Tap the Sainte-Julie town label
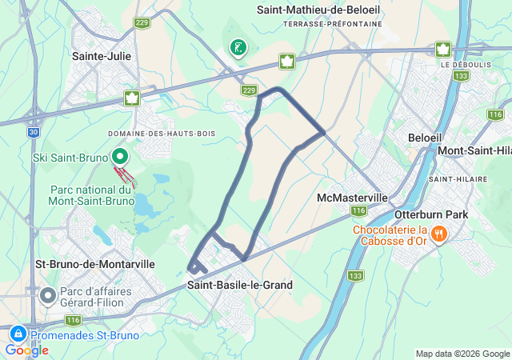(102, 57)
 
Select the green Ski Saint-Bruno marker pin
(119, 155)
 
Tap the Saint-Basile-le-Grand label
(240, 285)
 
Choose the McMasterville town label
(352, 198)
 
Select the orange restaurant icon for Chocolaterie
(438, 234)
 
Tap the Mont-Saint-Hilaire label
(474, 150)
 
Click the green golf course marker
(238, 48)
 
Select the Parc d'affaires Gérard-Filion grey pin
(47, 296)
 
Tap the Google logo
(26, 350)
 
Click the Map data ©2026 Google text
(462, 354)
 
